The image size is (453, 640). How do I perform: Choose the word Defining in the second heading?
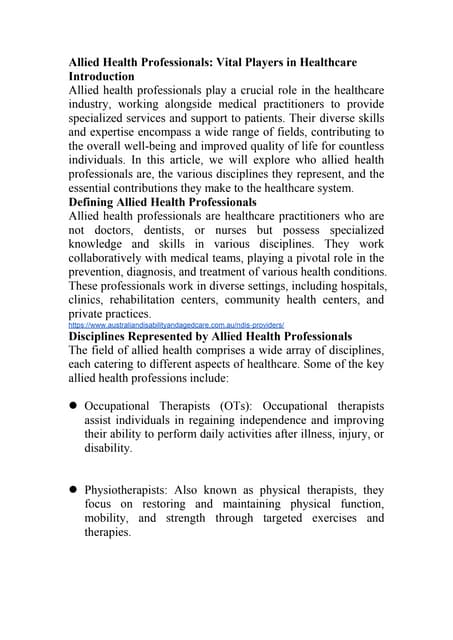pos(98,202)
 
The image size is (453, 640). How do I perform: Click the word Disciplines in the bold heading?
pos(107,337)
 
